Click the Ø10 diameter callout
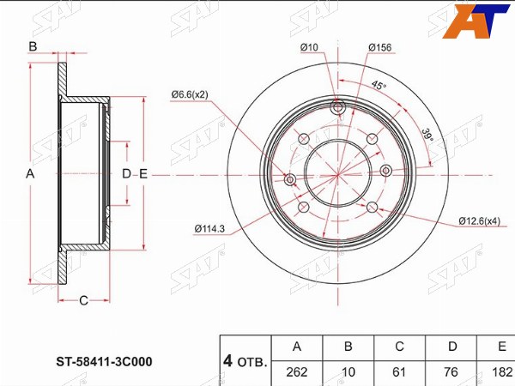click(309, 47)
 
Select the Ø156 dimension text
click(380, 47)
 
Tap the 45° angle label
click(379, 85)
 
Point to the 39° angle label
click(427, 135)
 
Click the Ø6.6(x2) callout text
click(190, 95)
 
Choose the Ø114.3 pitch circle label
click(209, 229)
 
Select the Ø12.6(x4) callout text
click(480, 221)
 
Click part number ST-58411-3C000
click(104, 362)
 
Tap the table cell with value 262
click(297, 372)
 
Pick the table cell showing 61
click(399, 372)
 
